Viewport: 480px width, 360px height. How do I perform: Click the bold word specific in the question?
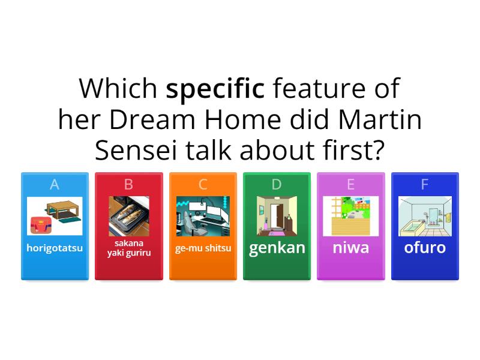pos(215,89)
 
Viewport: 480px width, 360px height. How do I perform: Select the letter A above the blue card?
pos(55,185)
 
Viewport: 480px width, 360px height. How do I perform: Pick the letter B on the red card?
pos(128,185)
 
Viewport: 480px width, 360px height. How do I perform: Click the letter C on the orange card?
pos(203,185)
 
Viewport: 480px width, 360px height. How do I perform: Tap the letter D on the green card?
pos(277,185)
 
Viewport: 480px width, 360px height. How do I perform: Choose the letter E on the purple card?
pos(351,185)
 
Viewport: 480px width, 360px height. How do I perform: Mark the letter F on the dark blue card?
pos(425,185)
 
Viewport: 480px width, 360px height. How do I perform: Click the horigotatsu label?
pos(55,248)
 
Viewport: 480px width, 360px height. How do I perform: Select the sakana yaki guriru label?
pos(128,248)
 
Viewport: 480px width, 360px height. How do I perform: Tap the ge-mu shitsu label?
pos(203,248)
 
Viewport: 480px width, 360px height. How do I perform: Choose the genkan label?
pos(277,248)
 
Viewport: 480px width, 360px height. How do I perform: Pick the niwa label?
pos(351,248)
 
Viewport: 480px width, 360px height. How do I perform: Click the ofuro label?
pos(425,248)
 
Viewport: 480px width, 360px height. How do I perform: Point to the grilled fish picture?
pos(128,216)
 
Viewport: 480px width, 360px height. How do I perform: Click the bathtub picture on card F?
pos(425,216)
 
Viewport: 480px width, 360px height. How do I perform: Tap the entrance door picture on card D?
pos(277,216)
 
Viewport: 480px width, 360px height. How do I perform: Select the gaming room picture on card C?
pos(203,216)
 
